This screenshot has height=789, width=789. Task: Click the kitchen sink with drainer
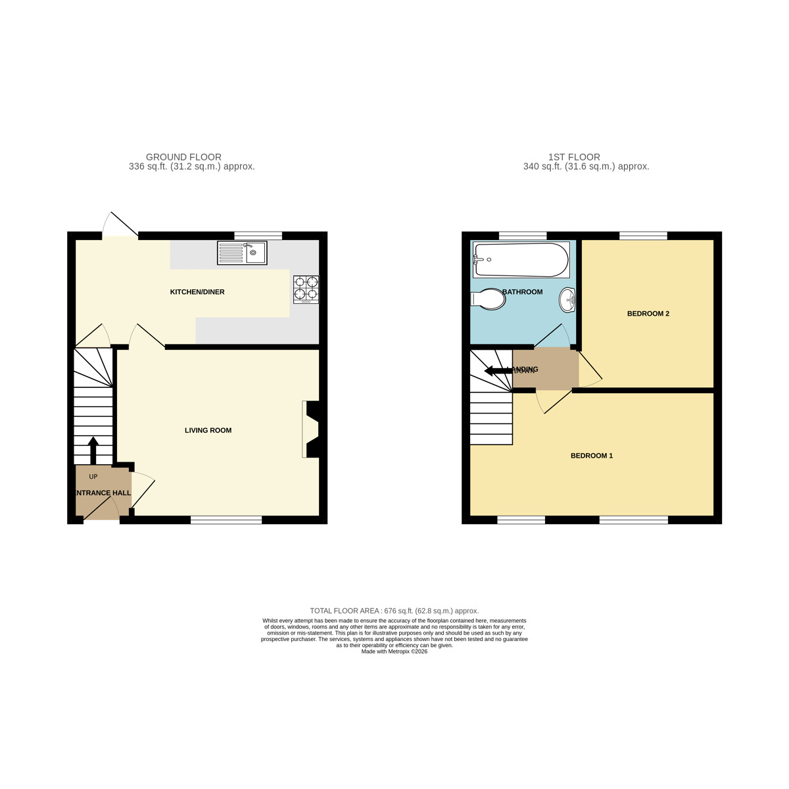click(242, 253)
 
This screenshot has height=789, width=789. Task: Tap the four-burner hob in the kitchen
click(306, 289)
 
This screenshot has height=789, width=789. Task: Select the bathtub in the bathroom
click(521, 260)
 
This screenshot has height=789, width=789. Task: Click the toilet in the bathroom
click(489, 299)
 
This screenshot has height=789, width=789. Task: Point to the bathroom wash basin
click(567, 300)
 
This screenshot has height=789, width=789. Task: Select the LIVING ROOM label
click(208, 431)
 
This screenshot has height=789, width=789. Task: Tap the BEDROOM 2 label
click(648, 314)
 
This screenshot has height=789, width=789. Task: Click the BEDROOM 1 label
click(591, 456)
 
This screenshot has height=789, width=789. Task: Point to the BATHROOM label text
click(523, 292)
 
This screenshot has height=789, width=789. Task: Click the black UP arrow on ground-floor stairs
click(93, 450)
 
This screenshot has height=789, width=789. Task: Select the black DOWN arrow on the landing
click(498, 371)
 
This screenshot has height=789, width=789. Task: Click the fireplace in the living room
click(310, 429)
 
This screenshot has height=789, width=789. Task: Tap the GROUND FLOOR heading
click(183, 157)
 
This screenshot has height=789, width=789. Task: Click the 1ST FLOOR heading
click(574, 157)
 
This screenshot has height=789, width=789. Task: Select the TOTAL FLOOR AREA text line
click(394, 611)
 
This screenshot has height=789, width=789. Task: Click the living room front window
click(226, 520)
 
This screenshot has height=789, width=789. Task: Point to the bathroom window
click(523, 235)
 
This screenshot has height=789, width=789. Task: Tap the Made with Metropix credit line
click(394, 652)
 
